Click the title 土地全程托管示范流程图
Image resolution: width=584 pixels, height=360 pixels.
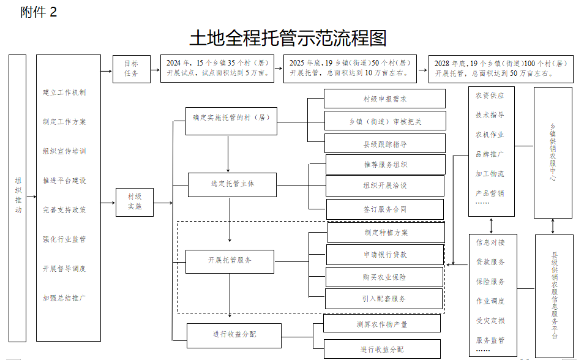point(288,39)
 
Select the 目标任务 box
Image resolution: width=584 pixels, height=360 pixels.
point(132,69)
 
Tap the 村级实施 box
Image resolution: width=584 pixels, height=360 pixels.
point(135,202)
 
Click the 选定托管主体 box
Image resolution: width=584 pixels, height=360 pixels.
point(233,184)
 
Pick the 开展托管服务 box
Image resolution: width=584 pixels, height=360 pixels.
point(230,261)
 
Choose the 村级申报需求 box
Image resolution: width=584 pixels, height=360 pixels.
point(384,99)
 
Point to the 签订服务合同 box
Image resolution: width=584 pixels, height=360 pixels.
point(384,209)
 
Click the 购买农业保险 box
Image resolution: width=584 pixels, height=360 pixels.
point(384,277)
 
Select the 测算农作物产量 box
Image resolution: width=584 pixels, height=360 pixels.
point(382,324)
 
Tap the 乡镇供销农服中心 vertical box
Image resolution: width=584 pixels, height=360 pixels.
point(553,152)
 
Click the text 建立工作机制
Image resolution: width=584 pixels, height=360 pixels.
point(64,92)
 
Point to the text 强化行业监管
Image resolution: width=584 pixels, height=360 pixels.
point(64,239)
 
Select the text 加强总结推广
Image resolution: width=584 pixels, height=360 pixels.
point(64,298)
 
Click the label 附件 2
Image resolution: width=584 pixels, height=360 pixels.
point(39,12)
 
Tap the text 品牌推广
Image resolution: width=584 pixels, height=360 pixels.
point(490,154)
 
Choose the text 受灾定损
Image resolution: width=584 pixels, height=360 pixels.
point(490,320)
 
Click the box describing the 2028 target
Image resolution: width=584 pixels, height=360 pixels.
point(501,68)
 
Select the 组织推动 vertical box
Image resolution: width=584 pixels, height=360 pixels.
point(18,198)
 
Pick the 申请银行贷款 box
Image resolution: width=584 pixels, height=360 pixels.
point(384,255)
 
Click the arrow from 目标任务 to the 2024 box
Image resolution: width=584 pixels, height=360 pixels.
point(155,69)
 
